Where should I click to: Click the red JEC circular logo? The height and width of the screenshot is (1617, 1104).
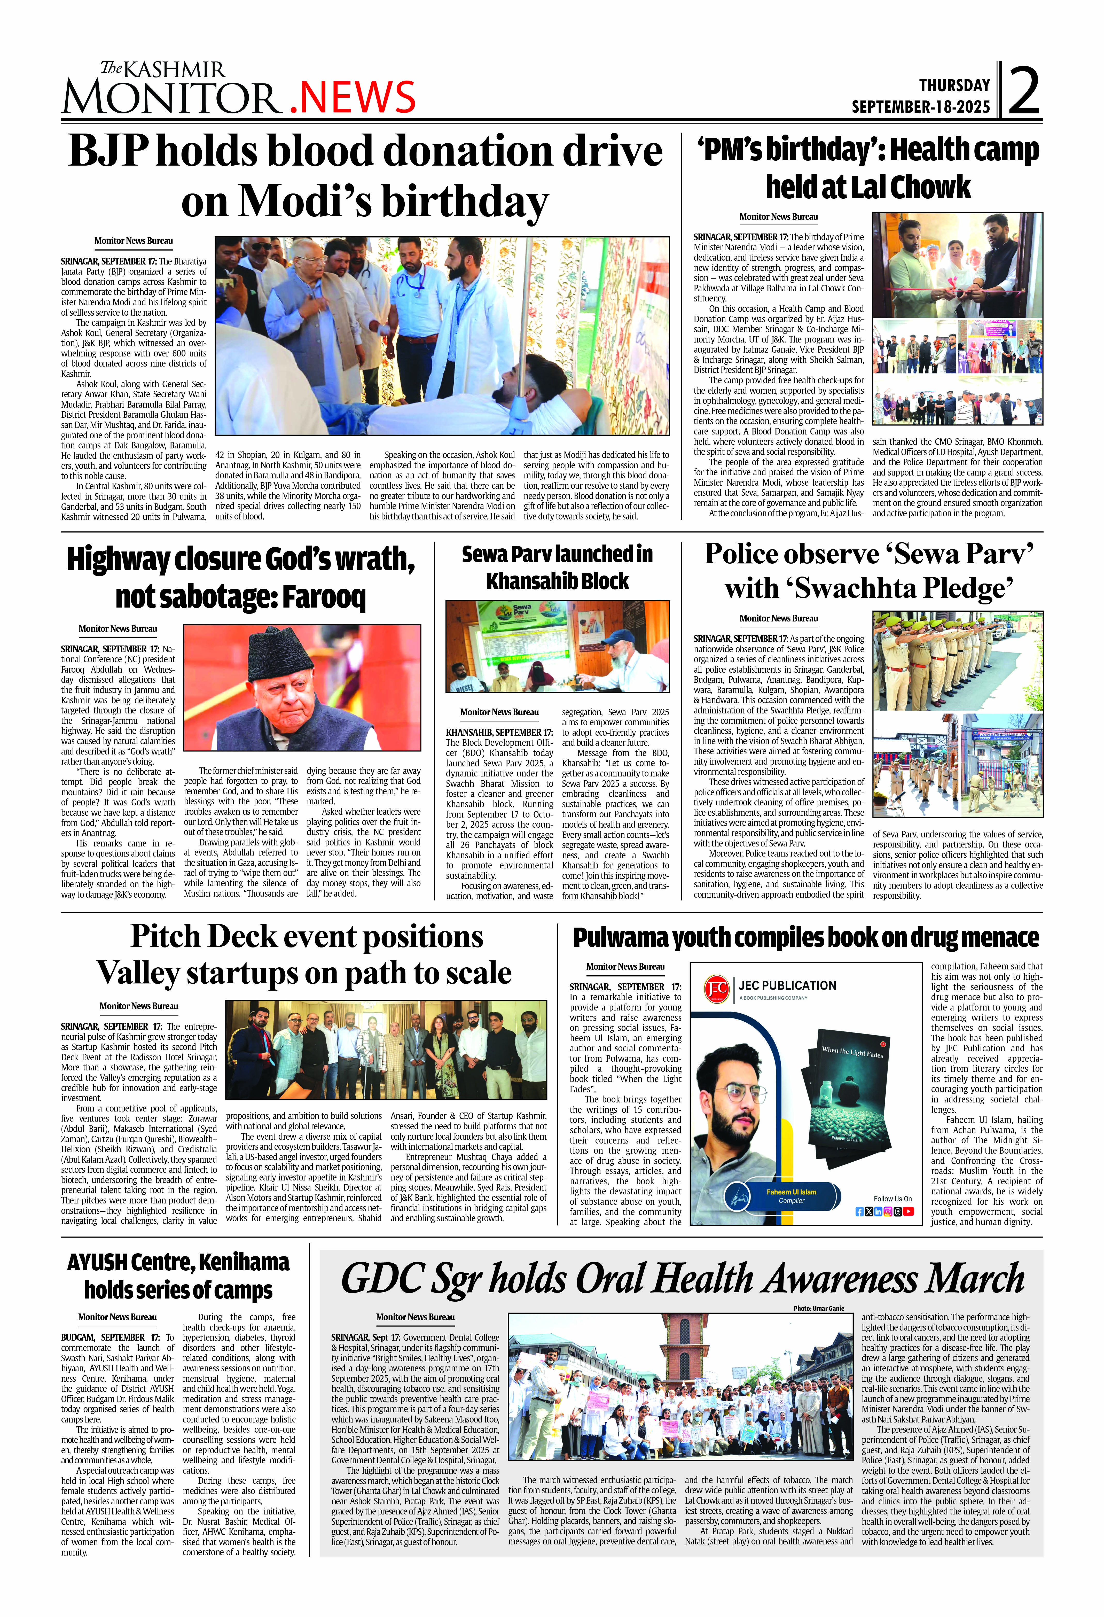[x=717, y=989]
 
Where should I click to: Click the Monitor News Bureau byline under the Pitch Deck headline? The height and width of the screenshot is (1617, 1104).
[x=138, y=1006]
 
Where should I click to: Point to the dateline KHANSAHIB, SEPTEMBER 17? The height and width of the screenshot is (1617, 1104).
[x=499, y=733]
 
